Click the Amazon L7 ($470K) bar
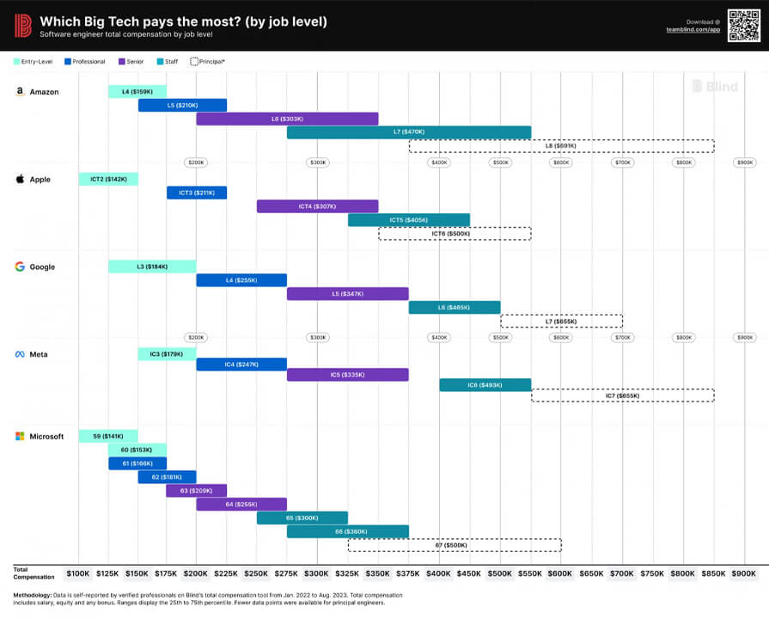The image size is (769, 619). pyautogui.click(x=409, y=132)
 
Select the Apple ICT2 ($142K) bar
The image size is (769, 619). pyautogui.click(x=108, y=179)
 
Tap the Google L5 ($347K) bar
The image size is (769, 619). pyautogui.click(x=347, y=294)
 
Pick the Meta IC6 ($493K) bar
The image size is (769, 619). pyautogui.click(x=485, y=385)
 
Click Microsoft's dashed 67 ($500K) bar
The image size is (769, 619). pyautogui.click(x=455, y=545)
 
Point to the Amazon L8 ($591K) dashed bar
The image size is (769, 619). pyautogui.click(x=561, y=146)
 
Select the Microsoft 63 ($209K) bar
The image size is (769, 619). pyautogui.click(x=196, y=491)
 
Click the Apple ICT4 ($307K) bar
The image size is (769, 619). pyautogui.click(x=317, y=206)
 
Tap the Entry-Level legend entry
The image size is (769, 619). pyautogui.click(x=34, y=62)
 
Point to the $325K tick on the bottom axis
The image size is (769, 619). pyautogui.click(x=347, y=573)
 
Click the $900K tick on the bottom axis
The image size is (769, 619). pyautogui.click(x=744, y=573)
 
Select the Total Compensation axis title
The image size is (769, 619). pyautogui.click(x=34, y=573)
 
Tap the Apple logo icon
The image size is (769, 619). pyautogui.click(x=20, y=180)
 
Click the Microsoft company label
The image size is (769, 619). pyautogui.click(x=46, y=437)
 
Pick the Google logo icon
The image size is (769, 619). pyautogui.click(x=20, y=267)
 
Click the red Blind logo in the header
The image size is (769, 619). pyautogui.click(x=23, y=25)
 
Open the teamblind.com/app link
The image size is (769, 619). pyautogui.click(x=693, y=29)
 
